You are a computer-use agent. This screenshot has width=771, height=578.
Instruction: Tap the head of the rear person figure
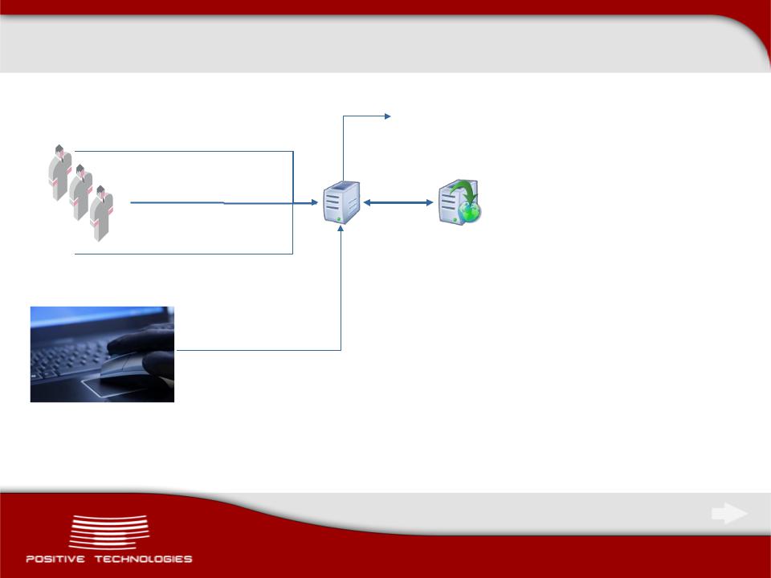(x=59, y=149)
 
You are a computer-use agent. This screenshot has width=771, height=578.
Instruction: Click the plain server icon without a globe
(x=341, y=202)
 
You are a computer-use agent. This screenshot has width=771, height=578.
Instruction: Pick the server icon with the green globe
(x=459, y=202)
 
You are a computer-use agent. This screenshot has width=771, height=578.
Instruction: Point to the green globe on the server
(x=470, y=212)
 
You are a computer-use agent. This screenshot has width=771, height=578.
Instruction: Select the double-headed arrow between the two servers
(x=398, y=202)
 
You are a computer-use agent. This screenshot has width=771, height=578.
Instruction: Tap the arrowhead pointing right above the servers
(x=388, y=116)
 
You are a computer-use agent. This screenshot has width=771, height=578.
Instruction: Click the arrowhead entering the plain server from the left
(x=315, y=202)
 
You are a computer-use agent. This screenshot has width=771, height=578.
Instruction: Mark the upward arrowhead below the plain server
(x=341, y=229)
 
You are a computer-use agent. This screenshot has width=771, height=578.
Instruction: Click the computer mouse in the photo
(x=120, y=366)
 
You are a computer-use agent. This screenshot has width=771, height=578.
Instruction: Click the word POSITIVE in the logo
(x=55, y=559)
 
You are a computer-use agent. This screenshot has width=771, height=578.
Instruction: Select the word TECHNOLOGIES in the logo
(x=144, y=559)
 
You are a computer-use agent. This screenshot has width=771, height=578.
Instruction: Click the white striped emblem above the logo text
(x=108, y=532)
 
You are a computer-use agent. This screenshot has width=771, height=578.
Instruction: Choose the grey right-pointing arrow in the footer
(x=730, y=514)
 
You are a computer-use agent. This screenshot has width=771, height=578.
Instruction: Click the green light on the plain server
(x=339, y=218)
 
